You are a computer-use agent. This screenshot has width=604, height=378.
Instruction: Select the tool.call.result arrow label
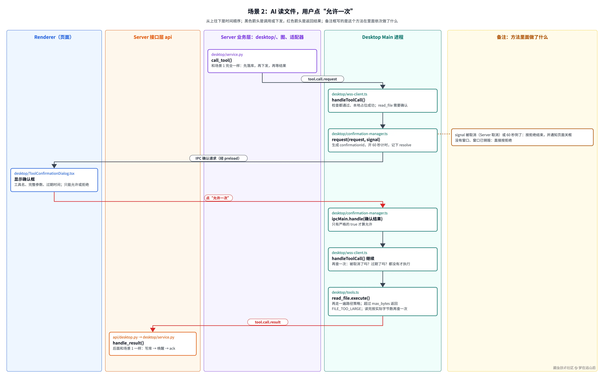click(x=268, y=322)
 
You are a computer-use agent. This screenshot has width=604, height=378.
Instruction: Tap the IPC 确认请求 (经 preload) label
click(x=218, y=158)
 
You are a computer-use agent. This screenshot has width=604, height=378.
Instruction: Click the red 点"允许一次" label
click(x=218, y=198)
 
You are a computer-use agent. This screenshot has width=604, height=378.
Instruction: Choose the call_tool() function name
click(x=222, y=60)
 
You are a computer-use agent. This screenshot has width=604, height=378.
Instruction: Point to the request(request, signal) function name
click(x=356, y=139)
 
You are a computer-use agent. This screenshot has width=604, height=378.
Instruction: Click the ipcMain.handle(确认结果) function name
click(x=357, y=219)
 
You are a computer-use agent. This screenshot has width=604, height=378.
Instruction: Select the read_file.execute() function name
click(x=351, y=298)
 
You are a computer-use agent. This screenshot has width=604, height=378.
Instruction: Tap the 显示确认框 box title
click(x=25, y=179)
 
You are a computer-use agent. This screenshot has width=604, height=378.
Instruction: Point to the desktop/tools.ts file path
click(x=345, y=292)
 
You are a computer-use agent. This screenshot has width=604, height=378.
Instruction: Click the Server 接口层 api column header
click(x=153, y=37)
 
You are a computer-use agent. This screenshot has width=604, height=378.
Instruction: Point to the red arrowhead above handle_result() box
click(x=153, y=330)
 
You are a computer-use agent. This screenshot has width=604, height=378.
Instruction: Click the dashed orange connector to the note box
click(x=444, y=134)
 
